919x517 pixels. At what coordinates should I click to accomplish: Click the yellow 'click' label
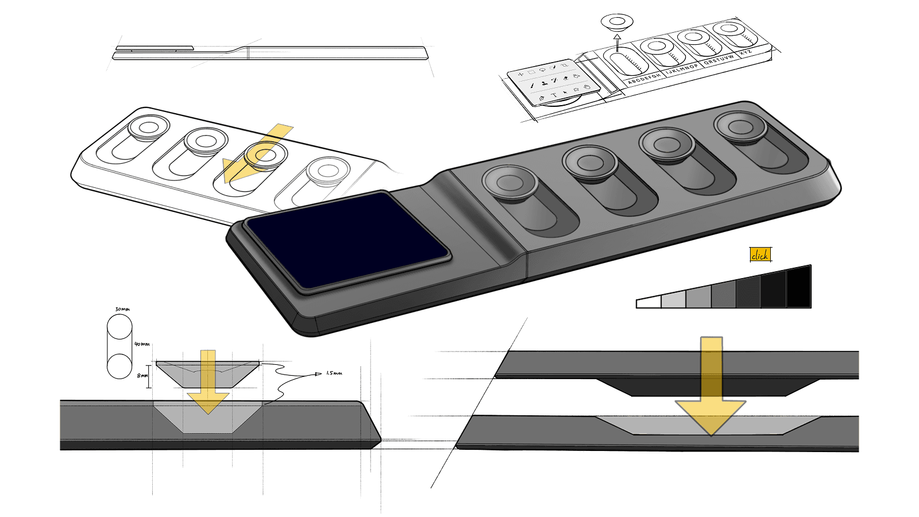tap(760, 255)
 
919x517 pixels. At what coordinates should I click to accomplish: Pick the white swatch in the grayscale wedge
tap(648, 303)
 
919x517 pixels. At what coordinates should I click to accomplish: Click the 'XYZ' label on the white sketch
tap(746, 53)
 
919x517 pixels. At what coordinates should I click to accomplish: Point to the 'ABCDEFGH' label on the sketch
tap(644, 79)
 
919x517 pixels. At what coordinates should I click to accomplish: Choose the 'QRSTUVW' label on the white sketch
tap(719, 60)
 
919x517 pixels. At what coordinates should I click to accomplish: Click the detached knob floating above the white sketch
tap(617, 22)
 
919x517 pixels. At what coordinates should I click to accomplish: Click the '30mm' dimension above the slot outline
tap(122, 309)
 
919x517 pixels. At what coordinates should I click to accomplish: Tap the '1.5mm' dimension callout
tap(334, 373)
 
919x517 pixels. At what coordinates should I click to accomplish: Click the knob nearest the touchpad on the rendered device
tap(509, 183)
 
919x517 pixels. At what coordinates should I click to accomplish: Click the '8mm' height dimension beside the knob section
tap(142, 376)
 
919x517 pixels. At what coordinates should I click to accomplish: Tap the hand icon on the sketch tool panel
tap(586, 87)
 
